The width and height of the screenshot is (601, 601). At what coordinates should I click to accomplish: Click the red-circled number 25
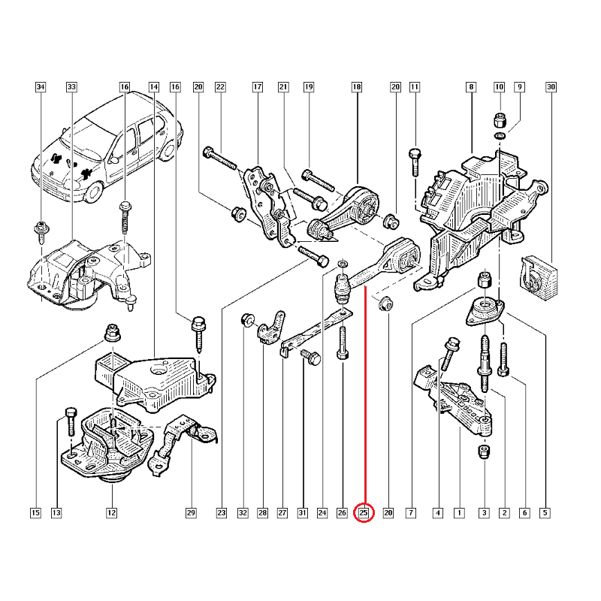[364, 514]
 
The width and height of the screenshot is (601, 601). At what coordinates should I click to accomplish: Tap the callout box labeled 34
[41, 88]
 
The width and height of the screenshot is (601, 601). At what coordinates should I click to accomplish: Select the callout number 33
[71, 88]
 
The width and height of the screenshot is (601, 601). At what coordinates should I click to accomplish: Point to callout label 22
[220, 88]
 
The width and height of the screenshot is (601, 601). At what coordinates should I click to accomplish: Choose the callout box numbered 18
[357, 88]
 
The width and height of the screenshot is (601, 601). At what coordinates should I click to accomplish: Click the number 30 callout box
[551, 88]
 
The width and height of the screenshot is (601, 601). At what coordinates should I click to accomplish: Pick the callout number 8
[471, 88]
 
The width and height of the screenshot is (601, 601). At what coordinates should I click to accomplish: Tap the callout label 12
[111, 514]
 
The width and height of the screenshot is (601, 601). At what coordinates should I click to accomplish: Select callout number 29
[191, 514]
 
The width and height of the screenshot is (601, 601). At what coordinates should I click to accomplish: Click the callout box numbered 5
[545, 514]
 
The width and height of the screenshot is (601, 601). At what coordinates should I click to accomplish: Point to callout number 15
[35, 514]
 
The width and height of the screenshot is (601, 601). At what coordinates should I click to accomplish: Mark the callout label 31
[302, 514]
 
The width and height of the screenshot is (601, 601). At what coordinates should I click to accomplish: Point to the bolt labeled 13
[69, 421]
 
